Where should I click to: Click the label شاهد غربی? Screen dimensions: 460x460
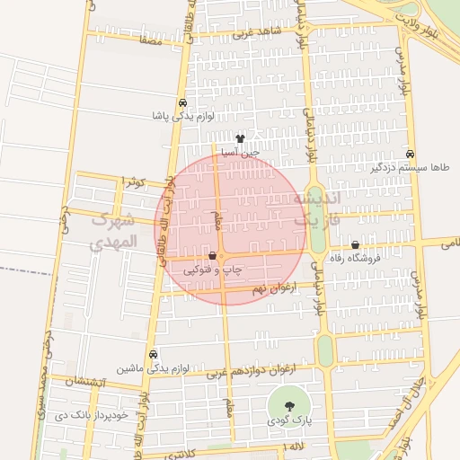(257, 33)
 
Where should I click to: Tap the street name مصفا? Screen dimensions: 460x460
(150, 40)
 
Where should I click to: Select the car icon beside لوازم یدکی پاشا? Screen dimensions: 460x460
(182, 102)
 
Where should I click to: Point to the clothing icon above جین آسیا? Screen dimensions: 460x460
(240, 138)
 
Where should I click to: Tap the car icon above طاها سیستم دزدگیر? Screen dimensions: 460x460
(410, 154)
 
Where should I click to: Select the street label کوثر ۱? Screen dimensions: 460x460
(134, 182)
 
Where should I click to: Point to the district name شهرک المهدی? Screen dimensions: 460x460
(114, 231)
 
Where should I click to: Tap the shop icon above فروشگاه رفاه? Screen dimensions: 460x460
(356, 244)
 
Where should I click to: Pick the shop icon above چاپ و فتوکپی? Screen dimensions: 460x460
(211, 256)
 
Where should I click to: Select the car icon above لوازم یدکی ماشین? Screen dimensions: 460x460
(153, 354)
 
